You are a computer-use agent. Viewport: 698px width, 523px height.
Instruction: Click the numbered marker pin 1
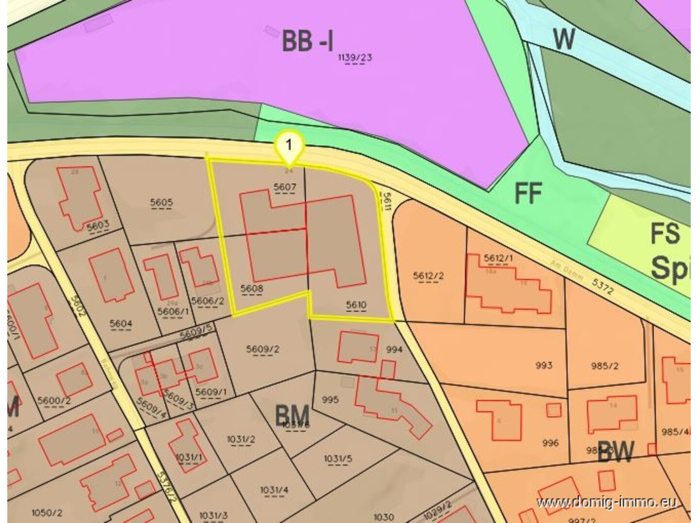[x=289, y=145]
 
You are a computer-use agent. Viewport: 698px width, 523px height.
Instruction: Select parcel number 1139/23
[x=355, y=58]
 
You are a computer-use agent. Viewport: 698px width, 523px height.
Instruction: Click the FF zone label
[x=528, y=193]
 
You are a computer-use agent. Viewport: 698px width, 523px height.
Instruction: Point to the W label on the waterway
[x=564, y=39]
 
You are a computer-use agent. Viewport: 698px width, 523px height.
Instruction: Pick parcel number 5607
[x=285, y=187]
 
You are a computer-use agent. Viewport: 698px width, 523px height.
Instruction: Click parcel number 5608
[x=252, y=288]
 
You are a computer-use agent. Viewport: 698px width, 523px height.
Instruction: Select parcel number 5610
[x=356, y=305]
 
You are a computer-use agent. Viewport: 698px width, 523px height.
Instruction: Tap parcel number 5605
[x=161, y=202]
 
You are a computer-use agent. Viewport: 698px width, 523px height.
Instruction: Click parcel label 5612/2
[x=428, y=276]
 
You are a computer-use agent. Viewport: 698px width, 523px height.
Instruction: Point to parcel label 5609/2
[x=262, y=349]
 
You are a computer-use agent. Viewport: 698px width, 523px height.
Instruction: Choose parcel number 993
[x=544, y=365]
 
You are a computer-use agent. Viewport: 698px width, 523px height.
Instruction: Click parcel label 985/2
[x=605, y=366]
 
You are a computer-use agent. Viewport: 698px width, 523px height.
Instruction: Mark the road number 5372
[x=603, y=286]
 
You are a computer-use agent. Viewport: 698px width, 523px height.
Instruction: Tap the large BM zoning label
[x=292, y=416]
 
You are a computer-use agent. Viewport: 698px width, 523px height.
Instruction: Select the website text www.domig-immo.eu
[x=607, y=502]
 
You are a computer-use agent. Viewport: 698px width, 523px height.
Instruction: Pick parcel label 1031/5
[x=338, y=459]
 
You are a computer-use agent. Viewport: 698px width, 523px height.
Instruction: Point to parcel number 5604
[x=121, y=323]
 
